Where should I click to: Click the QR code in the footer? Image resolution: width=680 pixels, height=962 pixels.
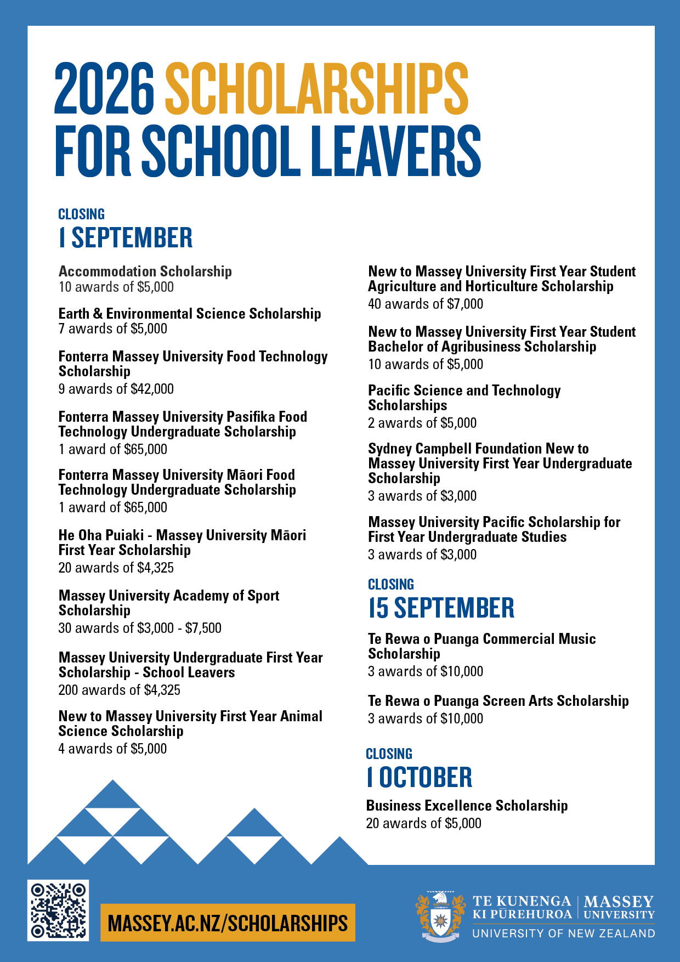(58, 910)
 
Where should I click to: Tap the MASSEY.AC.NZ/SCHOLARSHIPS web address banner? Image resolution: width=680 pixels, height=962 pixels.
(228, 923)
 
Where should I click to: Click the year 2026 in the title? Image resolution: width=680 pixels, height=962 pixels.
(105, 88)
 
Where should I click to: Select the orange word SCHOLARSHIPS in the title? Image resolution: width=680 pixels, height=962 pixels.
(316, 88)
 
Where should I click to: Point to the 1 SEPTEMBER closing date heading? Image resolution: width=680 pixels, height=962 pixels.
(126, 238)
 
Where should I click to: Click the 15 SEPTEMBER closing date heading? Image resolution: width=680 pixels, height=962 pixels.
(441, 608)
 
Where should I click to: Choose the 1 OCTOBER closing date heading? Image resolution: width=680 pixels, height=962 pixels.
(420, 777)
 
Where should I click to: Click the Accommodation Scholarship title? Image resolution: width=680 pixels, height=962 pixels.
(145, 271)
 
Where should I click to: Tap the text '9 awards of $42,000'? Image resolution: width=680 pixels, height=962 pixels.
(116, 389)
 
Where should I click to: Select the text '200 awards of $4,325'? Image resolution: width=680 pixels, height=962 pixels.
(120, 690)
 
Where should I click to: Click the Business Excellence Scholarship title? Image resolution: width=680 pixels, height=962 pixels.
(467, 806)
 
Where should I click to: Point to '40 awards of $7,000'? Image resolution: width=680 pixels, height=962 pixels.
(426, 304)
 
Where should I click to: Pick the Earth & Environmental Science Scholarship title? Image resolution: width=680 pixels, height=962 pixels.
(190, 314)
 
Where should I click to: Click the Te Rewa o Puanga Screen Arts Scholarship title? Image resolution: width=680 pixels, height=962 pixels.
(498, 701)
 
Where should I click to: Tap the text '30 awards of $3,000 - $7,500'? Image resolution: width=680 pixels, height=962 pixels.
(140, 628)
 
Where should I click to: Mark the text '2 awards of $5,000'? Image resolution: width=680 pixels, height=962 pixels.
(422, 423)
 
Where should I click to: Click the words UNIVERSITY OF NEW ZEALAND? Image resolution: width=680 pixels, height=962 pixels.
(564, 933)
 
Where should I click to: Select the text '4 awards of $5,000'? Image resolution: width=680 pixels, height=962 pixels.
(112, 749)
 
